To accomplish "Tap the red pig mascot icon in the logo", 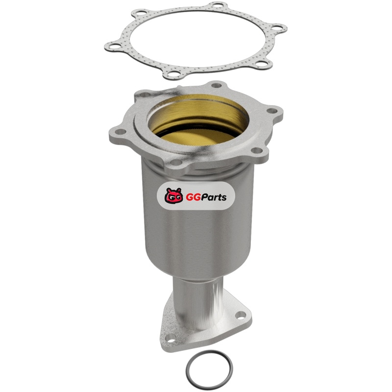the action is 174,195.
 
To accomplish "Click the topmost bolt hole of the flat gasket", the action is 218,5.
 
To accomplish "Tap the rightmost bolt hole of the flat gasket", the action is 277,28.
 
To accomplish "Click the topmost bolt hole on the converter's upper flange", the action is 217,85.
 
